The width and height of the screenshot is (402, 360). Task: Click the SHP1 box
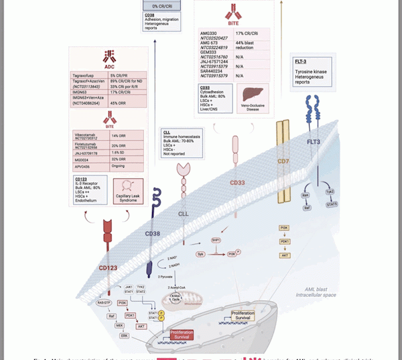pyautogui.click(x=216, y=240)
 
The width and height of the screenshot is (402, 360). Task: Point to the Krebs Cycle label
pyautogui.click(x=176, y=298)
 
